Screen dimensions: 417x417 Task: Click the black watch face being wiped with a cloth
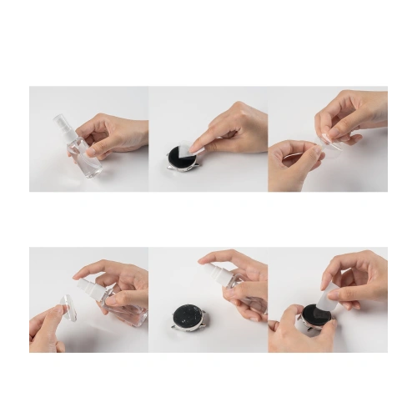tap(179, 157)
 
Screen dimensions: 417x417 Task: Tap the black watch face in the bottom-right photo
tap(315, 314)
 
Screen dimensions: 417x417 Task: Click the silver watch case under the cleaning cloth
tap(177, 166)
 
